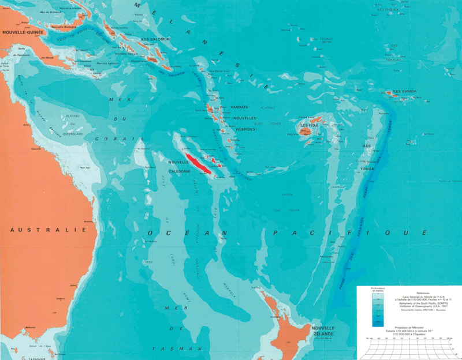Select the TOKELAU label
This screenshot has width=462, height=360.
(x=394, y=43)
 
